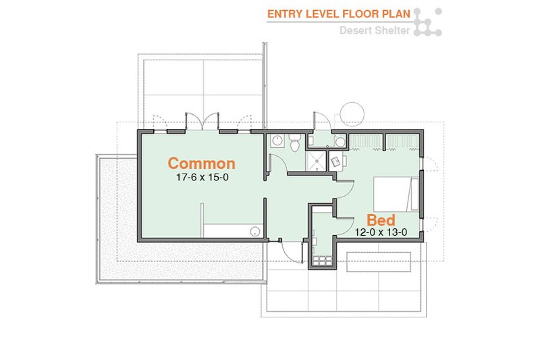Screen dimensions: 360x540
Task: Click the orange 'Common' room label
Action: [201, 163]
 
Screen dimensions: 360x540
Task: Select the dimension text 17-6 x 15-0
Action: [201, 178]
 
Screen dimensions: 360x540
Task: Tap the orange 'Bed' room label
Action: [381, 220]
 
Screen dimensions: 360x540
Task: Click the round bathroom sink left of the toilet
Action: [277, 142]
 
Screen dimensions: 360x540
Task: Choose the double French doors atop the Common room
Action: [202, 122]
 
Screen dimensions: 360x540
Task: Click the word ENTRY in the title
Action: [283, 14]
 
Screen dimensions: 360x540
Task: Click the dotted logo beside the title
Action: [427, 22]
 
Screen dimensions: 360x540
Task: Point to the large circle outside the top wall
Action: [352, 113]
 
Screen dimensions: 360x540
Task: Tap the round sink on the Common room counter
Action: [256, 231]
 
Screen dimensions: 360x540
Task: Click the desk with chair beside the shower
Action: [335, 161]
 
